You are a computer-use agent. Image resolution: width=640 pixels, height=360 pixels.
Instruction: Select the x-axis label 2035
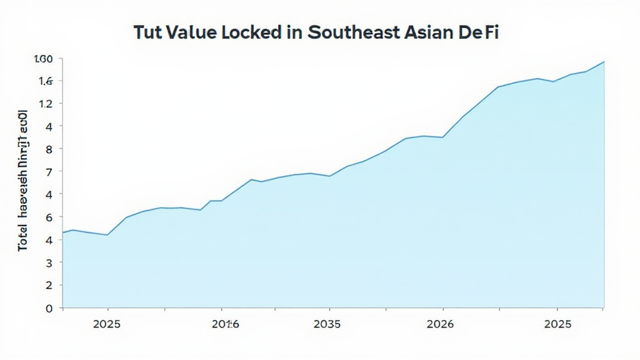327,324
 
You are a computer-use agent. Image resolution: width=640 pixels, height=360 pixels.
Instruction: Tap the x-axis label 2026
440,324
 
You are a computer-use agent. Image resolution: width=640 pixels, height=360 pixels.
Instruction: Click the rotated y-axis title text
23,181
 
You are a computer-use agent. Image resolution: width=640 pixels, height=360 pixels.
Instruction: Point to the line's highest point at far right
604,61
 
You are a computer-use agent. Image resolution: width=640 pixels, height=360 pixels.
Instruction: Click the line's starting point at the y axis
63,232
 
